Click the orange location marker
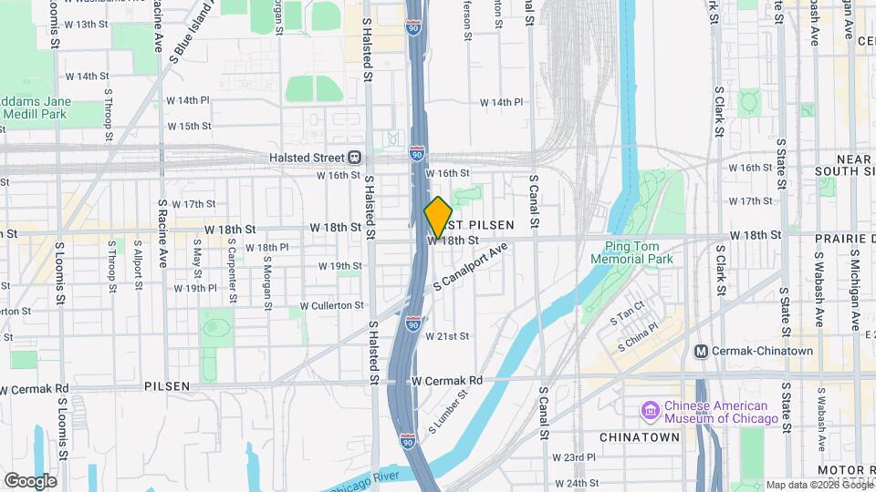439,217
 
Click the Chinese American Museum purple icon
650,411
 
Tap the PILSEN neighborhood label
167,386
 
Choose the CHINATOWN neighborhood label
640,437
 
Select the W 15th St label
189,126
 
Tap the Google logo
30,480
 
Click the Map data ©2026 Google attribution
819,485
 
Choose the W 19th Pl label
194,288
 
